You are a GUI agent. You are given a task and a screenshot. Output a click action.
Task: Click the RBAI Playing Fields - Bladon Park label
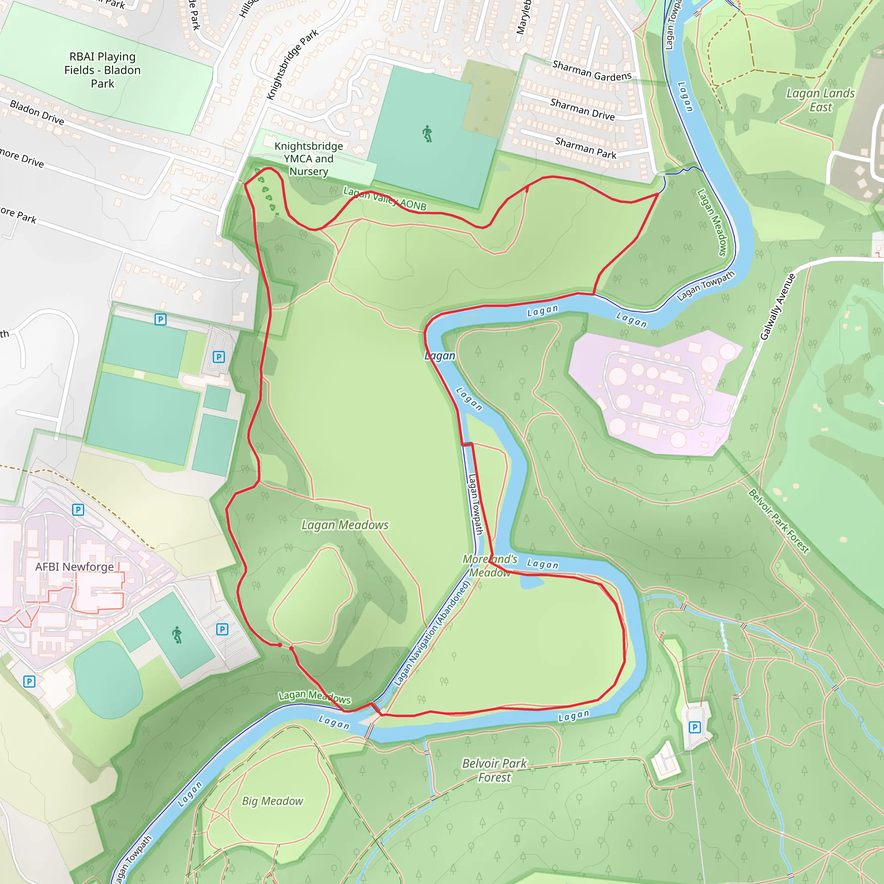tap(102, 70)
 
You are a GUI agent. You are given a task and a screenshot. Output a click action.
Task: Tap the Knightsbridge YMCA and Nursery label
tap(309, 158)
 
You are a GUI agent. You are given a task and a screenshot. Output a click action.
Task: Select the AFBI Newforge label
tap(75, 567)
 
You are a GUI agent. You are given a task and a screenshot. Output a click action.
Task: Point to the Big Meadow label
tap(272, 801)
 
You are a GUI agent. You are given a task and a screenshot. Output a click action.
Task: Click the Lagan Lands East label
tap(821, 100)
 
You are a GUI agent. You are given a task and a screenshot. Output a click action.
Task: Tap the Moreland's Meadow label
tap(490, 566)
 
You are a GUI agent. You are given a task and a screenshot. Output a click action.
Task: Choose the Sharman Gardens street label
tap(592, 71)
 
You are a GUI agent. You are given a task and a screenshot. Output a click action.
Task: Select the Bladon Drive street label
tap(37, 113)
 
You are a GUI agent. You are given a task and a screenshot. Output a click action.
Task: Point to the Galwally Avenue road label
tap(778, 306)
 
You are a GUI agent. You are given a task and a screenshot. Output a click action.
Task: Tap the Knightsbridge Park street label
tap(292, 64)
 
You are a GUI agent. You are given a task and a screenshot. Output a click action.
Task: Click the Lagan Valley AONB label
tap(385, 199)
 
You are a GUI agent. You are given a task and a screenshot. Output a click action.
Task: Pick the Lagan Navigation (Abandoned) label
tap(432, 633)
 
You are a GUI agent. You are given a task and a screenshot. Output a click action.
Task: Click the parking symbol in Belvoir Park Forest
tap(695, 727)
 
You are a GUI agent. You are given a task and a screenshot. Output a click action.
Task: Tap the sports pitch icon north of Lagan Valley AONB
tap(427, 134)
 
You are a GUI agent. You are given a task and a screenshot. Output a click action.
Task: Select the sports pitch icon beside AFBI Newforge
tap(177, 635)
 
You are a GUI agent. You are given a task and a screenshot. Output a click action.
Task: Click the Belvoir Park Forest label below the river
tap(495, 770)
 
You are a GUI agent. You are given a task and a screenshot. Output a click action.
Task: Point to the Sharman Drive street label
tap(582, 109)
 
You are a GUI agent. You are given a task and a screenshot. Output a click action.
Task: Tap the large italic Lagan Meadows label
tap(345, 525)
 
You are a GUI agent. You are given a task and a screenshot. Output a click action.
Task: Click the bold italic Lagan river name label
tap(440, 356)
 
